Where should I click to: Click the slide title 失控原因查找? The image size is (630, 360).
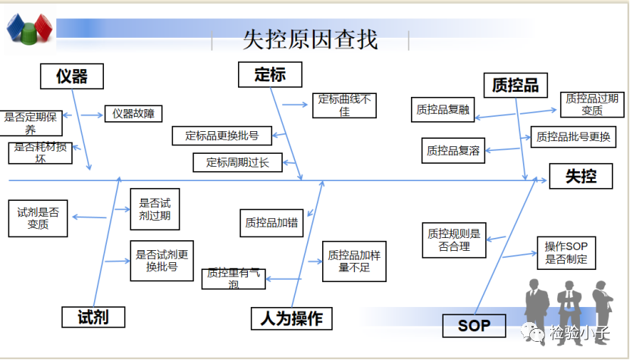[310, 39]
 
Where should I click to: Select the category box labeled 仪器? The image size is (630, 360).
[71, 76]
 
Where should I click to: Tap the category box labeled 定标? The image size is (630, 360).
[269, 74]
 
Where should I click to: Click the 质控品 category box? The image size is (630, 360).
[516, 85]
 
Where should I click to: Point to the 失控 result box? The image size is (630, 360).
[581, 177]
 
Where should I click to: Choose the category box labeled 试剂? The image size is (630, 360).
[92, 317]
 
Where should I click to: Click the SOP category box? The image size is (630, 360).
[474, 327]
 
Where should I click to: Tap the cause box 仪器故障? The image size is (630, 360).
[133, 114]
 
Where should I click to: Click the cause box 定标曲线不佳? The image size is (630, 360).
[344, 105]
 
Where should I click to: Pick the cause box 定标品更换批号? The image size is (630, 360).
[221, 136]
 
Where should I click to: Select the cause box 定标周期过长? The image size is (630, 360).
[237, 161]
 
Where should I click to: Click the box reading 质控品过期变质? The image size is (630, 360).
[592, 105]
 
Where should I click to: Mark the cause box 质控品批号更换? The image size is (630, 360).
[572, 137]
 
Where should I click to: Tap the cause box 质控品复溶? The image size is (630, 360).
[453, 150]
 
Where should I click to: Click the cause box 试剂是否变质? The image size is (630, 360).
[38, 218]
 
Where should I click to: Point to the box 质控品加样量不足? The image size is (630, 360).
[354, 261]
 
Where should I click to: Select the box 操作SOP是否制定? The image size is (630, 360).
[566, 253]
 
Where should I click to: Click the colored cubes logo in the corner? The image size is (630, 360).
[30, 30]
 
